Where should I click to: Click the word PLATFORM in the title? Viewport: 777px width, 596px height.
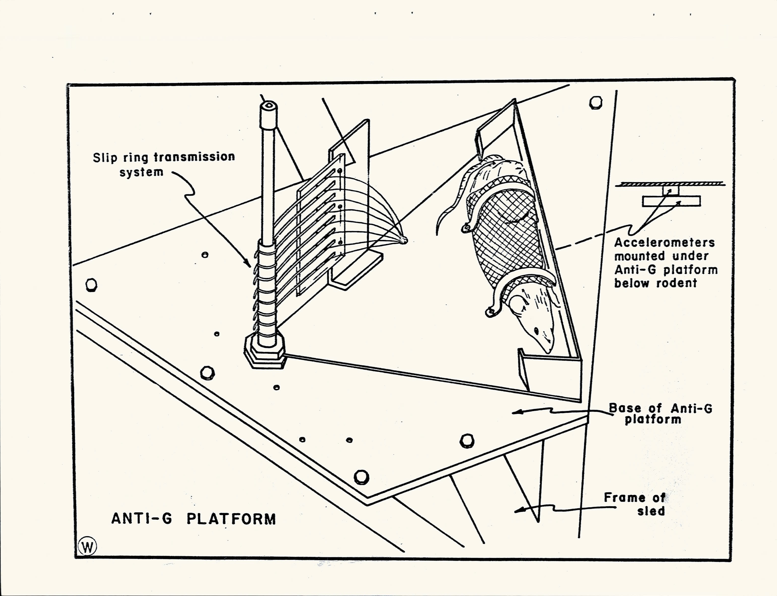231,519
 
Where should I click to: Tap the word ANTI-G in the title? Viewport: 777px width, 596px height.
142,519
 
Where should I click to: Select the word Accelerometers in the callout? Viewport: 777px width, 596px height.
664,243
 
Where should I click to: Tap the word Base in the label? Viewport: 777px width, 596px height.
625,408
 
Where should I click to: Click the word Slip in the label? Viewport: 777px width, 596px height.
105,158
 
